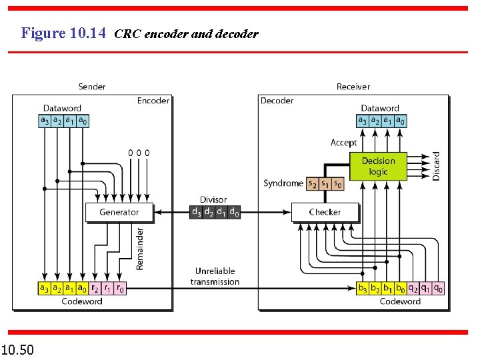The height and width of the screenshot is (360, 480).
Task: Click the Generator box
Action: coord(119,212)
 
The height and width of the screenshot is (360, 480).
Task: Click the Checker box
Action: coord(325,212)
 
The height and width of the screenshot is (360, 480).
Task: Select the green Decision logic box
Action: coord(378,166)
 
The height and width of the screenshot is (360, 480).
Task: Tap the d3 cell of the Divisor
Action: coord(196,212)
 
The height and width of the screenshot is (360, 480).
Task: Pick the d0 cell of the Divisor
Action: coord(234,212)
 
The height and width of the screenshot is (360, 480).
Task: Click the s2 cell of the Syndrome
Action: coord(312,183)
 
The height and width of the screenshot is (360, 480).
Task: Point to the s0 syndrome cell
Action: coord(338,183)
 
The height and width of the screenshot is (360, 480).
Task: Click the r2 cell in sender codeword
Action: coord(95,289)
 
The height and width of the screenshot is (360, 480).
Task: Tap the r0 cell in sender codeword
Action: coord(120,289)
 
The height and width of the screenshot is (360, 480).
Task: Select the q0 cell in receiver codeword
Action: coord(438,289)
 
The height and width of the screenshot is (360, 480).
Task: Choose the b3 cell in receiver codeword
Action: coord(363,289)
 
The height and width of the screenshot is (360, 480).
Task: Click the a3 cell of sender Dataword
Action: coord(45,121)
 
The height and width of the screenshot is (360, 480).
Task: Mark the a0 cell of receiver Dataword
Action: coord(400,121)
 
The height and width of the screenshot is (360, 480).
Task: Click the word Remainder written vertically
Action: coord(140,248)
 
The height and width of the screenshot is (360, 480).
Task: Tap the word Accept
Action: coord(343,143)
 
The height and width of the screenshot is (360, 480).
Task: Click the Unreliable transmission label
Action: coord(215,276)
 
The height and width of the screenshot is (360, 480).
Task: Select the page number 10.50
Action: coord(18,349)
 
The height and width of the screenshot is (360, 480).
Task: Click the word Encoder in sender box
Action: coord(153,101)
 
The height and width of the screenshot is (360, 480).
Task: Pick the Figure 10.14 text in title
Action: coord(63,33)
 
